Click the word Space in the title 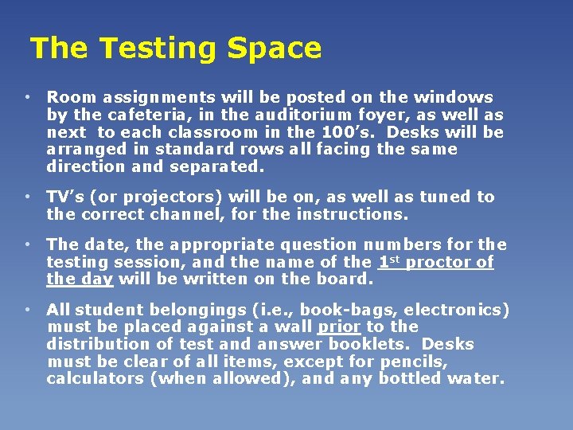pyautogui.click(x=274, y=49)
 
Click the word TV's pyautogui.click(x=66, y=197)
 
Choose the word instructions pyautogui.click(x=352, y=214)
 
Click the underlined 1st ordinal pyautogui.click(x=388, y=261)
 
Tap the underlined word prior pyautogui.click(x=339, y=327)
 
